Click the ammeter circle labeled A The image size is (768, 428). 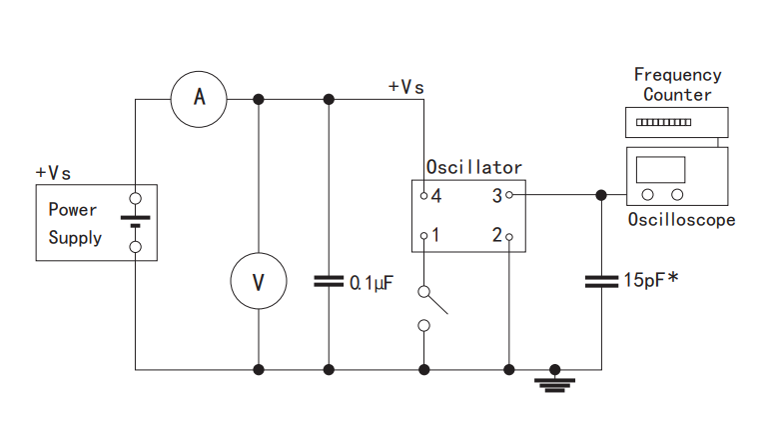point(199,97)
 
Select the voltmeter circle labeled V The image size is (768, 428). point(259,281)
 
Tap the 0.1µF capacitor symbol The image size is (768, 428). point(328,281)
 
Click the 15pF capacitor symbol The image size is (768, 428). point(601,281)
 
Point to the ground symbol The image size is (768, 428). point(555,381)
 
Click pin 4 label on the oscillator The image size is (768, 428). point(436,196)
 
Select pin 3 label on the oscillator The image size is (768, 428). point(495,196)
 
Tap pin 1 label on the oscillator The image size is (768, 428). point(436,236)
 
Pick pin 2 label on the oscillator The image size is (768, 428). point(495,236)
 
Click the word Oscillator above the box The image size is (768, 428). point(473,168)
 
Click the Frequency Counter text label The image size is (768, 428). point(677,85)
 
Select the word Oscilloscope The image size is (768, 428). point(681,220)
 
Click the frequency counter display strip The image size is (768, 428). point(663,122)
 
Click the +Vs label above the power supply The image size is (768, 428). point(54,173)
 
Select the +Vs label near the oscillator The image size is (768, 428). point(405,87)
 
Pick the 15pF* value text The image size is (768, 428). point(651,281)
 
